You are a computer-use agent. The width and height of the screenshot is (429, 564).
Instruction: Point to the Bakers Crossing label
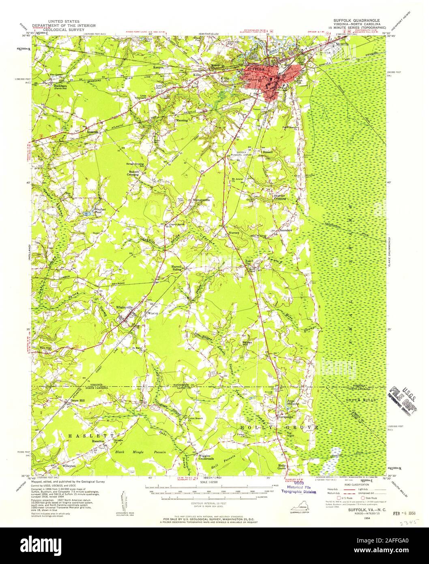[134, 173]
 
